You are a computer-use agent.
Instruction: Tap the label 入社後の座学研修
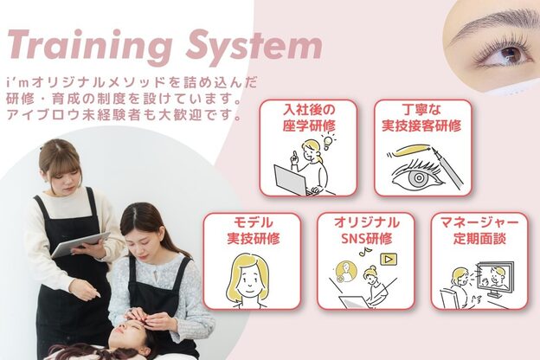(309, 119)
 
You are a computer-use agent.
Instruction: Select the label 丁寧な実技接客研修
(421, 119)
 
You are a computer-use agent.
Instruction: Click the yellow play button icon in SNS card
(389, 258)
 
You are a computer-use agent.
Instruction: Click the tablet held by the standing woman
(80, 243)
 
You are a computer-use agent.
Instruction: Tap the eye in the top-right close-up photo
(511, 55)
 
